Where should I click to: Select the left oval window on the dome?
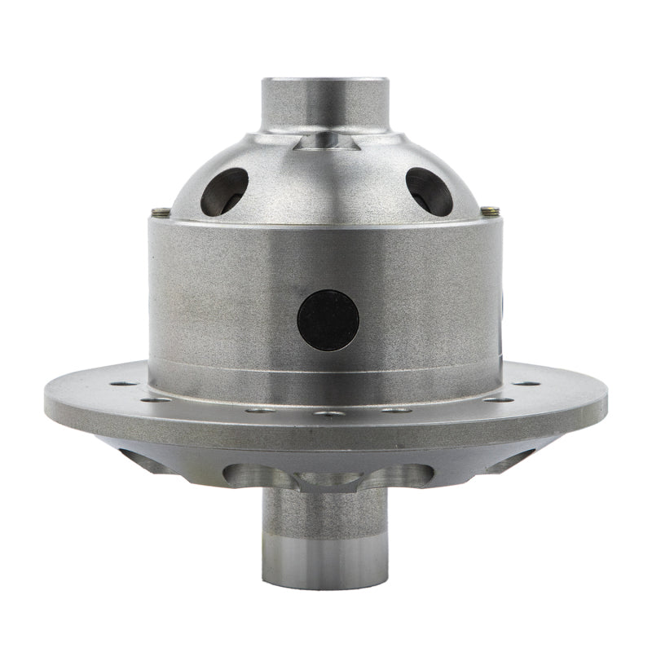(224, 191)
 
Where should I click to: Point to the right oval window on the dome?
(429, 191)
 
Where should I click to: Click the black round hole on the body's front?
(328, 319)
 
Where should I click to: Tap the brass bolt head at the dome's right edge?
(489, 211)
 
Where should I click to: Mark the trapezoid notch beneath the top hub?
(325, 143)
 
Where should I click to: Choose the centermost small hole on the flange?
(328, 413)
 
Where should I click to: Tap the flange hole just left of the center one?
(260, 410)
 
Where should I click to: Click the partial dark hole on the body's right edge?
(500, 306)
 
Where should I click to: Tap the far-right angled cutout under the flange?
(515, 460)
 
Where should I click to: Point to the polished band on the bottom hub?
(324, 562)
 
